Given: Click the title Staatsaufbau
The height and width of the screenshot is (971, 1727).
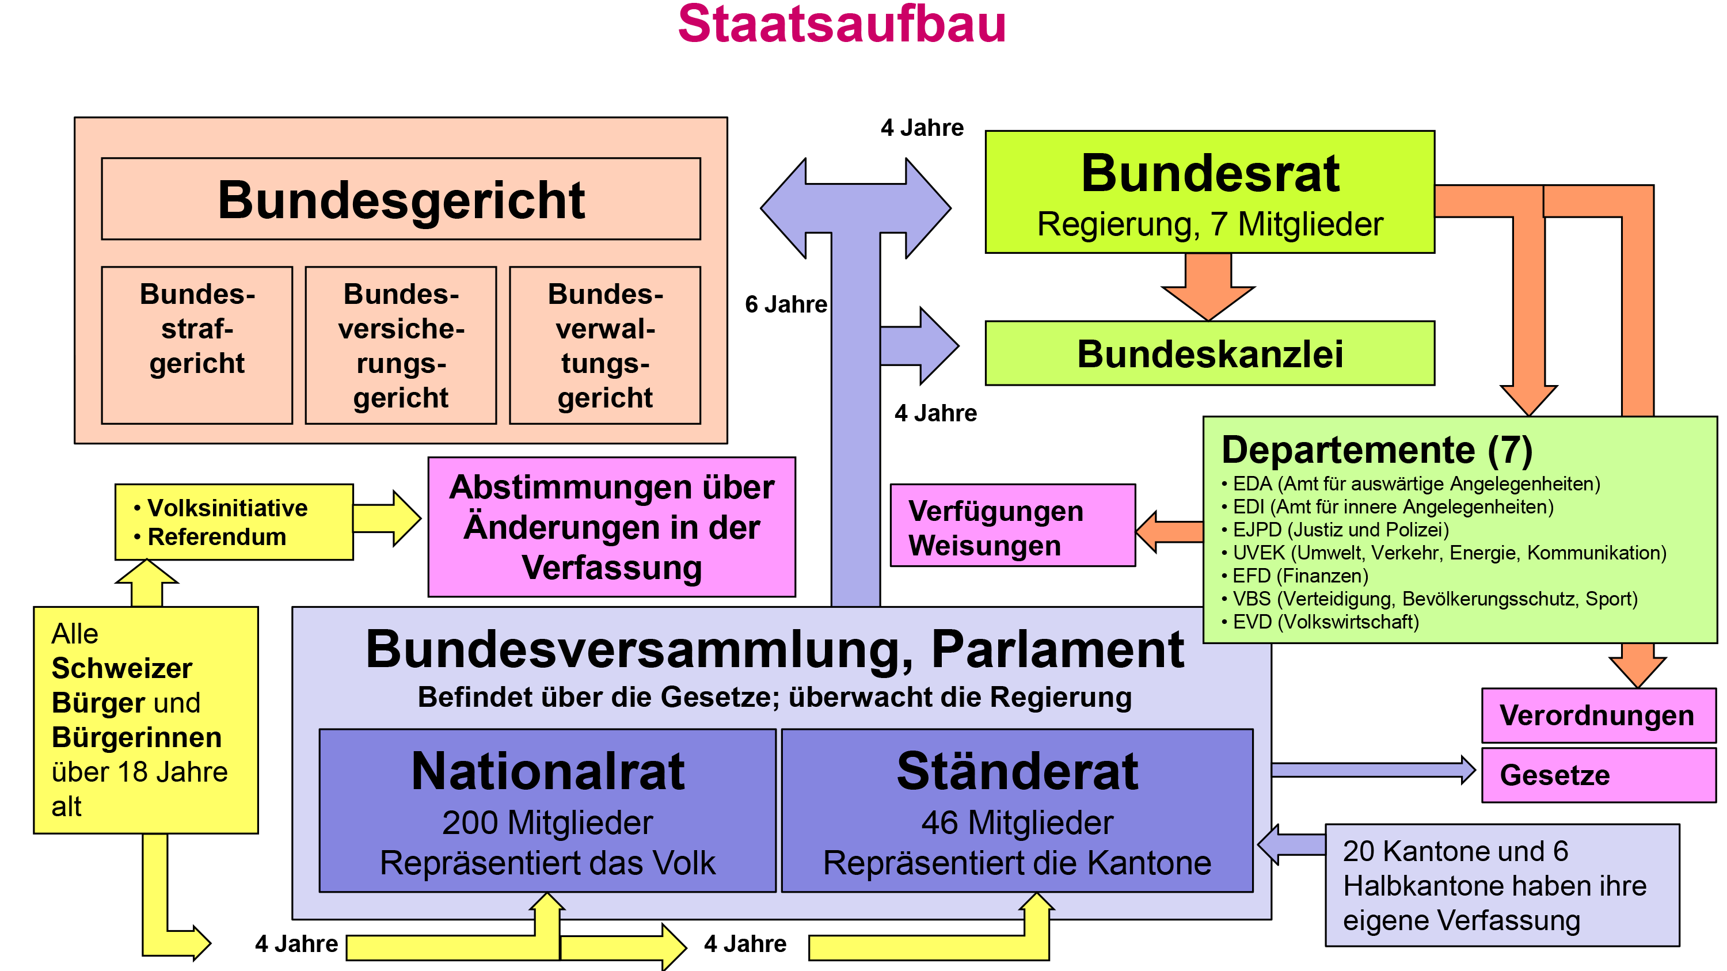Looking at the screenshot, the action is point(842,24).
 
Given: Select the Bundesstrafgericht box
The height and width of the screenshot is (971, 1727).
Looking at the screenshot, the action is point(197,345).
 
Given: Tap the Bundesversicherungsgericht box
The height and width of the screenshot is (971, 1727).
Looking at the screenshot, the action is point(401,345).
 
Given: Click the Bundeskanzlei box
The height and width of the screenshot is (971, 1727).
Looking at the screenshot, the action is point(1209,353).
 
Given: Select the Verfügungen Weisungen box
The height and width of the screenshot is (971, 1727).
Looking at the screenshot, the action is point(1013,526).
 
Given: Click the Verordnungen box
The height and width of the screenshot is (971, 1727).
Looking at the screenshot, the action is point(1599,715).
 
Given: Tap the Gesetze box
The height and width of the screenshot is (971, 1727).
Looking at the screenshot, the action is point(1599,775).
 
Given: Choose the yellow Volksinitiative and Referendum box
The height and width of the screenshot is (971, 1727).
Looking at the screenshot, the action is point(234,522).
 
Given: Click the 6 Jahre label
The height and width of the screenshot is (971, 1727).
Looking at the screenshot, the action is point(786,304).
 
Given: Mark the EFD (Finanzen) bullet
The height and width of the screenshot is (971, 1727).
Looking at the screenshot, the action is point(1295,576).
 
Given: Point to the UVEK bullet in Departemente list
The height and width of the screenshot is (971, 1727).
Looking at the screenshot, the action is point(1444,553).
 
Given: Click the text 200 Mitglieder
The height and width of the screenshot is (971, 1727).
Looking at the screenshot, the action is point(547,823).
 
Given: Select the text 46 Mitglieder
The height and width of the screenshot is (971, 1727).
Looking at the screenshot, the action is point(1017,823).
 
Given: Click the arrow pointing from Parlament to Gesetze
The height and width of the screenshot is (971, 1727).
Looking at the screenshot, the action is point(1374,770).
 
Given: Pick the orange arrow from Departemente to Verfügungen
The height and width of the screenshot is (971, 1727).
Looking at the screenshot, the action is point(1170,532).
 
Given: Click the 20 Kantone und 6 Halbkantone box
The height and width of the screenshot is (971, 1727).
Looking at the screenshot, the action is point(1502,885).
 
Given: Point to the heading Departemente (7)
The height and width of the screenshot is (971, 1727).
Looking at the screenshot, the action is point(1377,449).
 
